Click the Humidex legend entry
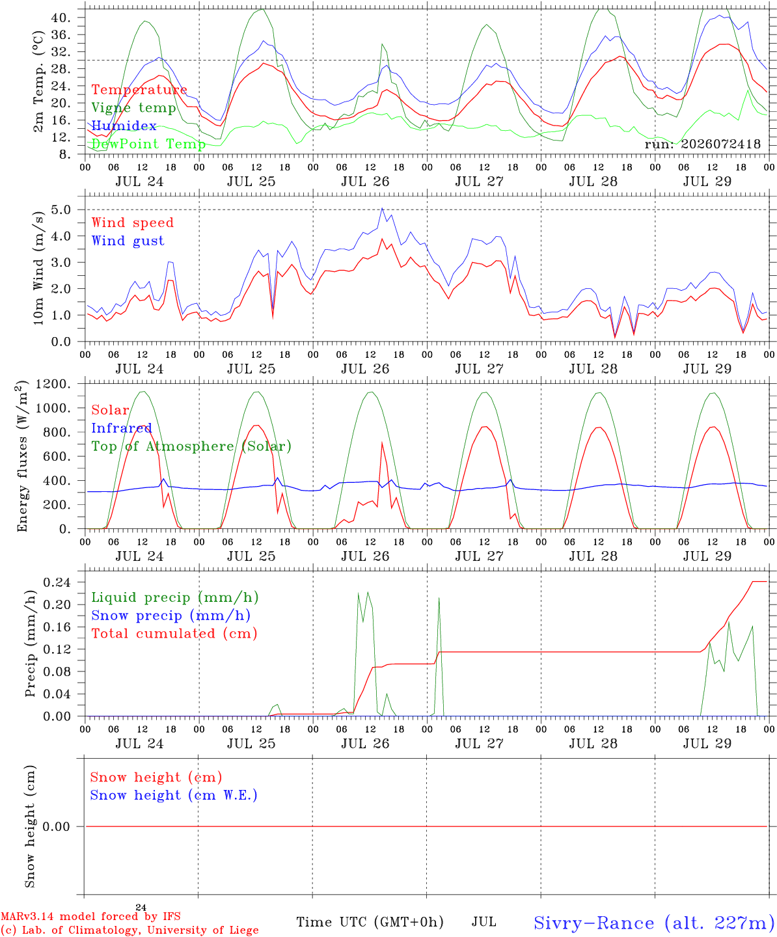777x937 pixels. tap(124, 126)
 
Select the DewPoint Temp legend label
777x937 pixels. tap(148, 144)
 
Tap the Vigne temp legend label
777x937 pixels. tap(134, 108)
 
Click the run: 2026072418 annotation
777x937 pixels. tap(702, 144)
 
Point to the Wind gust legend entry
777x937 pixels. tap(128, 241)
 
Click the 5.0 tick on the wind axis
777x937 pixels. tap(61, 210)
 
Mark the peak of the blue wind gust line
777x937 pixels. tap(382, 208)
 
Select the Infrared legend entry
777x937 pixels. tap(122, 428)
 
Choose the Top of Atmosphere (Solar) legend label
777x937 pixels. tap(192, 446)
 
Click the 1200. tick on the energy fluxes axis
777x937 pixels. tap(53, 384)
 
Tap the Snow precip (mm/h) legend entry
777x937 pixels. tap(171, 616)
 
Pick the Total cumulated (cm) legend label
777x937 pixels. tap(174, 633)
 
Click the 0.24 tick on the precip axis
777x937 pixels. tap(57, 582)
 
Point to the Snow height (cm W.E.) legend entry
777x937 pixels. tap(174, 794)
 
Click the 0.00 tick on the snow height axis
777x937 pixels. tap(56, 826)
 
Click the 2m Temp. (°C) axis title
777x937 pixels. tap(38, 81)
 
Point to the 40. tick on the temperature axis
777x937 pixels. tap(61, 18)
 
